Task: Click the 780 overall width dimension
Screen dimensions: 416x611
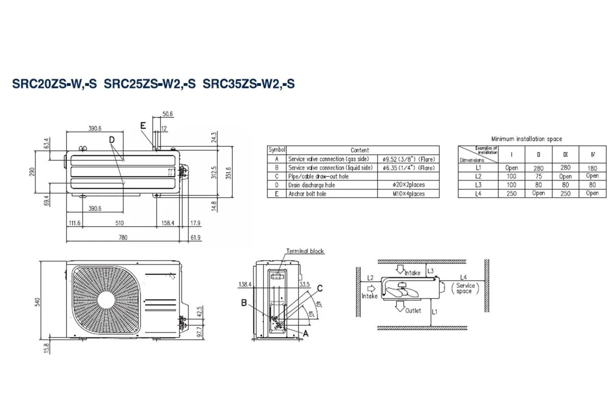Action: pyautogui.click(x=123, y=237)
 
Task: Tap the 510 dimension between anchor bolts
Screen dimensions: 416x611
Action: pyautogui.click(x=120, y=223)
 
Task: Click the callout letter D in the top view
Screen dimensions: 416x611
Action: pyautogui.click(x=112, y=139)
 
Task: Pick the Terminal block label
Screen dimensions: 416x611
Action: pyautogui.click(x=305, y=251)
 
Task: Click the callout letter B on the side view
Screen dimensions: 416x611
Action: pyautogui.click(x=244, y=302)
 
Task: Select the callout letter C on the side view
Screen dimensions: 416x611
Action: pyautogui.click(x=319, y=289)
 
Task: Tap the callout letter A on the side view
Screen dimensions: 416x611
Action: pyautogui.click(x=306, y=332)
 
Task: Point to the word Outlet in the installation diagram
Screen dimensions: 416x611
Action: pyautogui.click(x=413, y=310)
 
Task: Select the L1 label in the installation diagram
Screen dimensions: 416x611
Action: pyautogui.click(x=434, y=311)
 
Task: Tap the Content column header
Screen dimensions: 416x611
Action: pyautogui.click(x=360, y=150)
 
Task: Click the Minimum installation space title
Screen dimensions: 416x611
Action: pyautogui.click(x=526, y=139)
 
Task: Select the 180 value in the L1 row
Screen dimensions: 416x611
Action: pyautogui.click(x=592, y=168)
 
